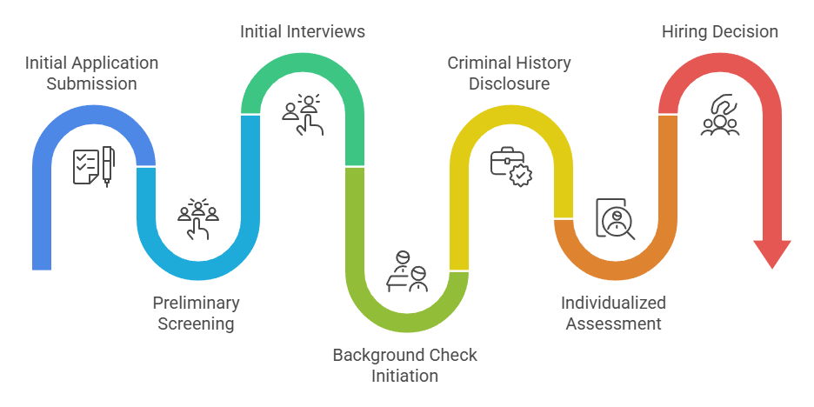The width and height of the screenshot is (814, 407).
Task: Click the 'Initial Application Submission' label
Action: tap(92, 73)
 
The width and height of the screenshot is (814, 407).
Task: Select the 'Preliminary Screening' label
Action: tap(197, 313)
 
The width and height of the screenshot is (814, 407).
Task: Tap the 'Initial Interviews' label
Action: tap(303, 31)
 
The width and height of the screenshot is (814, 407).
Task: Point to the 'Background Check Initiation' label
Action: tap(405, 365)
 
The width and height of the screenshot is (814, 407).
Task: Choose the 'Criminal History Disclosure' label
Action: tap(510, 73)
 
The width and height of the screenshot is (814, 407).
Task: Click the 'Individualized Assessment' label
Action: tap(613, 313)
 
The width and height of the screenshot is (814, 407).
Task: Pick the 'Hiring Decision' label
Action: tap(720, 31)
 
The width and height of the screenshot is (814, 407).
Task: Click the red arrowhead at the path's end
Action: tap(772, 253)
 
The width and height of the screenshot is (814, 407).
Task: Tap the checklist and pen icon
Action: tap(94, 165)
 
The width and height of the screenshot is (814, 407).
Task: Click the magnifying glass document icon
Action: tap(616, 218)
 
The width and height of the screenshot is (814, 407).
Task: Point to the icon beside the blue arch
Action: tap(94, 165)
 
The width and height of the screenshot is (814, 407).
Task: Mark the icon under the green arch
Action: tap(303, 114)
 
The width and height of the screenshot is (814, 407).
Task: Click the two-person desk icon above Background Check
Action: tap(407, 272)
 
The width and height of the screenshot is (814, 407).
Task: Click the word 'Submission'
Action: tap(92, 83)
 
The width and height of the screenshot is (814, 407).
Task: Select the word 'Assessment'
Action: tap(613, 324)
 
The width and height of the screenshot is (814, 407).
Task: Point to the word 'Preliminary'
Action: tap(197, 303)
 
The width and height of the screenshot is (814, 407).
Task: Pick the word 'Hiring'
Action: tap(684, 31)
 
